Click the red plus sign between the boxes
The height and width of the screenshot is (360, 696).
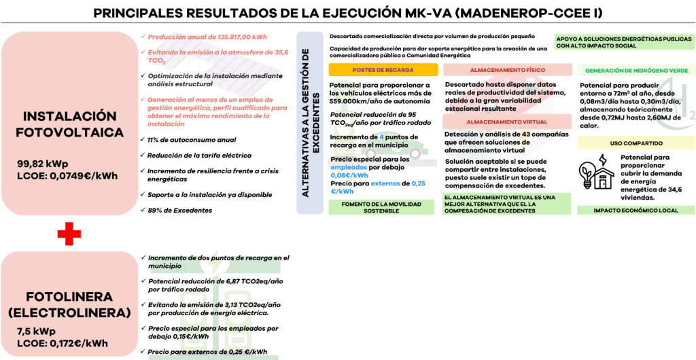[69, 234]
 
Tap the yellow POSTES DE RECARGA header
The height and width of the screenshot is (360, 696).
[383, 70]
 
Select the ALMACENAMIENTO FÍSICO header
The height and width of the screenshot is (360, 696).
[507, 70]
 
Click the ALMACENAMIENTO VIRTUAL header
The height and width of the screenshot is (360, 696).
[507, 122]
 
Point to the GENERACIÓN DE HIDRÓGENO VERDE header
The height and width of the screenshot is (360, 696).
[636, 71]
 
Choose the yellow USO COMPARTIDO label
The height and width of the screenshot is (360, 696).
[636, 143]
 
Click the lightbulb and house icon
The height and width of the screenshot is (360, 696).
[597, 171]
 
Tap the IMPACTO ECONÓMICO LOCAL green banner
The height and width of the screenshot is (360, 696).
[636, 211]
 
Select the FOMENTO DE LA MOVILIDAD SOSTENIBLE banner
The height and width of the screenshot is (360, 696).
[381, 207]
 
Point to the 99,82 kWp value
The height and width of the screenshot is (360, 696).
[43, 162]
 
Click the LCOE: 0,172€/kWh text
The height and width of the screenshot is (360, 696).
[62, 343]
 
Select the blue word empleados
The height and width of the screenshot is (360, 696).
[349, 168]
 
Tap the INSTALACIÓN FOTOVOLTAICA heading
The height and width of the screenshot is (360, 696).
[70, 124]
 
